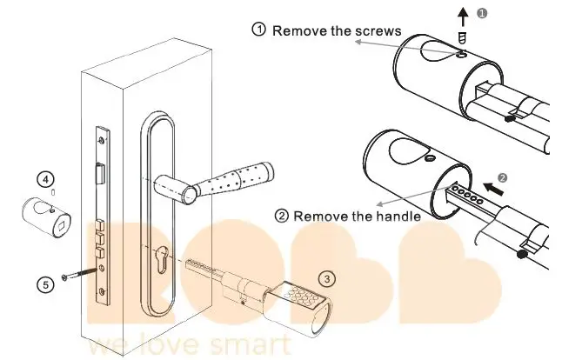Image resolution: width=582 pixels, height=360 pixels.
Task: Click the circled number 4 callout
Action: coord(44,178)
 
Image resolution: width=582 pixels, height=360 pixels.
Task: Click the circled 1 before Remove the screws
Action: coord(259,30)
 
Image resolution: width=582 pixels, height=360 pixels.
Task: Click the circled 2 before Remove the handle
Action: coord(282,216)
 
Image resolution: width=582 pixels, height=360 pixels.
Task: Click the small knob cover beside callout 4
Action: coord(47,215)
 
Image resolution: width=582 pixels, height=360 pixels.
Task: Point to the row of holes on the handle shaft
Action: coord(465,194)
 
